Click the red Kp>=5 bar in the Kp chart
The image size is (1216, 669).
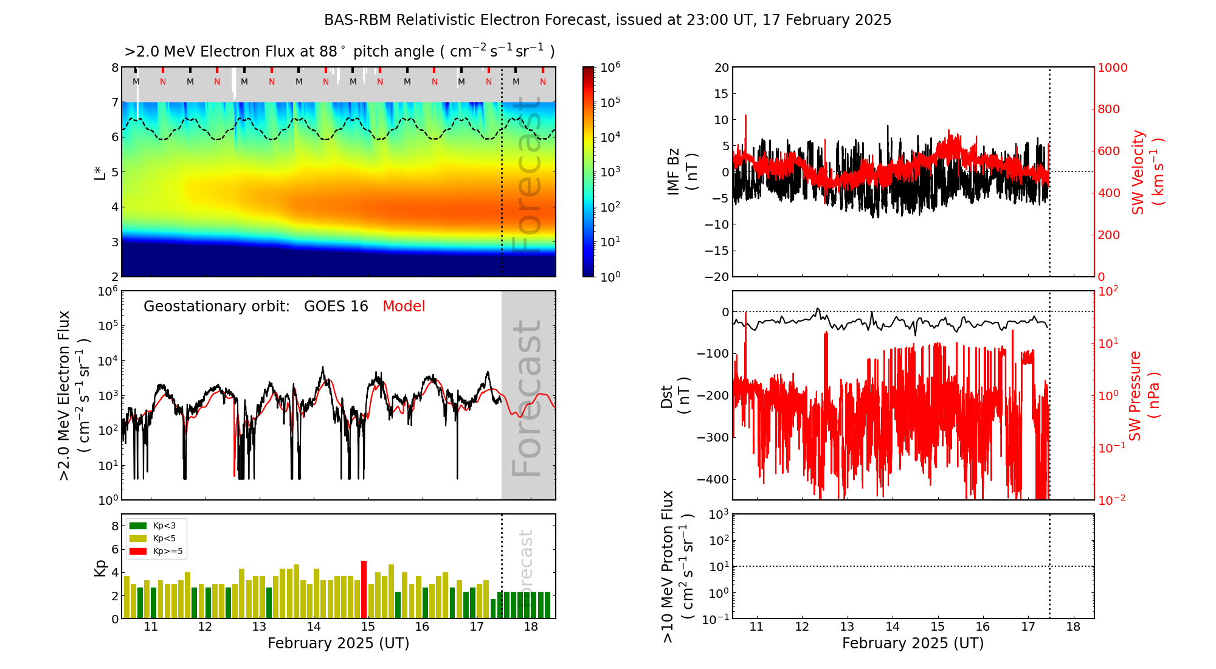364,589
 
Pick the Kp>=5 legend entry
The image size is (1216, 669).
167,552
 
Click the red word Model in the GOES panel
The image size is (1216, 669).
404,307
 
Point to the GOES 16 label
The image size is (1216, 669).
336,307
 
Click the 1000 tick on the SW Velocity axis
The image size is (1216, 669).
1112,68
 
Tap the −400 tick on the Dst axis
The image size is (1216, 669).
716,479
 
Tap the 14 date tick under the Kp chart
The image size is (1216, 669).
313,627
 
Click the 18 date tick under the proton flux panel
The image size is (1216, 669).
1073,627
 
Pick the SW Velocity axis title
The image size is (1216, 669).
1147,172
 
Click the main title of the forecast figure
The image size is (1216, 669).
607,20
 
